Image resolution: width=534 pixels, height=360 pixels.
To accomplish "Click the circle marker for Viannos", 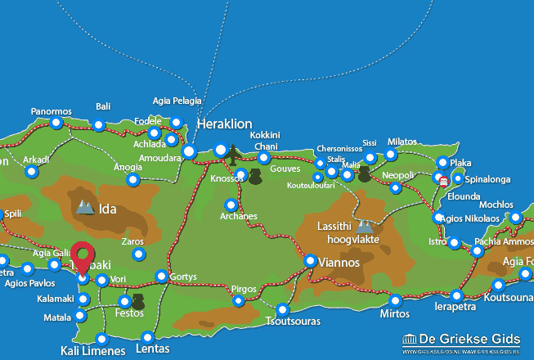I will coord(311,261).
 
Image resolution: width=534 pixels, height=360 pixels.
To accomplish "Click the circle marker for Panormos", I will coord(56,123).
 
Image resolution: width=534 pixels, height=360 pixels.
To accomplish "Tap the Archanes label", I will coord(238,217).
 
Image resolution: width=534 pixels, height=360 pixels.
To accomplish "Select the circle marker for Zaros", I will coord(138,254).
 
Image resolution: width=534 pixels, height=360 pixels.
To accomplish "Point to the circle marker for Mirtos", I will coord(396,300).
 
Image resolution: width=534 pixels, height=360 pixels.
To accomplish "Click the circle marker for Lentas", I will coord(147,337).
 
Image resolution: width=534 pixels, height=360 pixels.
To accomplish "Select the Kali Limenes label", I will coord(92,351).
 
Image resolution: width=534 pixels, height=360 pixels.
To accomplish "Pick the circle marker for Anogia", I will coord(133,180).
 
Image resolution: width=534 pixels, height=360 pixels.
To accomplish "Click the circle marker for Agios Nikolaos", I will coord(438,218).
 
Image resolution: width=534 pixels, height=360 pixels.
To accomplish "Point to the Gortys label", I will coord(182,277).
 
